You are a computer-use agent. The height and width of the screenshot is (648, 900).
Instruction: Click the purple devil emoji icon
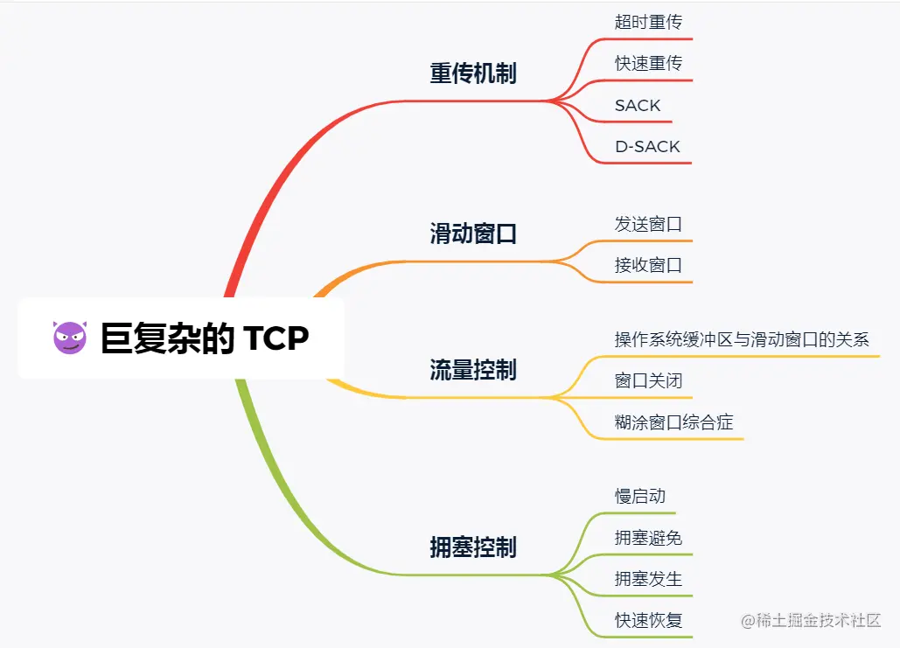coord(71,338)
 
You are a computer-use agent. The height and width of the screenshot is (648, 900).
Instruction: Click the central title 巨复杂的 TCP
coord(205,338)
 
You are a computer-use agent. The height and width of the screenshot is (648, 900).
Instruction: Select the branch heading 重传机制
coord(473,73)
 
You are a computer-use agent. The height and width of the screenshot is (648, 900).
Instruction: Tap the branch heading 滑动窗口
coord(473,233)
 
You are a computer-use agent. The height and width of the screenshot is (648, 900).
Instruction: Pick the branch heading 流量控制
coord(473,370)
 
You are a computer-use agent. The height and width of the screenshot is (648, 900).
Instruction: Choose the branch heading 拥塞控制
coord(473,547)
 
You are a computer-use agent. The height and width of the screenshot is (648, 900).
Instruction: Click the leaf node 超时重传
coord(648,22)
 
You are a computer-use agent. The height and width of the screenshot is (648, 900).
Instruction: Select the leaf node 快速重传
coord(648,63)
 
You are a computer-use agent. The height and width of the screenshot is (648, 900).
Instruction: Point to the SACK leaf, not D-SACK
coord(638,105)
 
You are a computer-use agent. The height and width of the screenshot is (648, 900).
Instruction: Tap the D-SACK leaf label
coord(647,146)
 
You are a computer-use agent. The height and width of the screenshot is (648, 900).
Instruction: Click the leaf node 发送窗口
coord(648,224)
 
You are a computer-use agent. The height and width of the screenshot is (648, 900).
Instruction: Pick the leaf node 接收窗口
coord(648,265)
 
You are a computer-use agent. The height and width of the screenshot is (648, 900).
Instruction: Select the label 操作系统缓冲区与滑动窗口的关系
coord(742,339)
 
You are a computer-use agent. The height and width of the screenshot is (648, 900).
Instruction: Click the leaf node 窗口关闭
coord(648,381)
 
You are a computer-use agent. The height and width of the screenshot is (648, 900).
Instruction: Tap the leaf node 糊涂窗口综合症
coord(673,423)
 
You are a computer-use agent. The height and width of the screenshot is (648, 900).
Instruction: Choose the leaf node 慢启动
coord(639,496)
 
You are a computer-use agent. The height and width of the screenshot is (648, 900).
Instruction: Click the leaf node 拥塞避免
coord(648,538)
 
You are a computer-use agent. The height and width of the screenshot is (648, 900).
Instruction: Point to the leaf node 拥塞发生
coord(648,579)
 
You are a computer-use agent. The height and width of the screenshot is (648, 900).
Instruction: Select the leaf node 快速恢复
coord(648,621)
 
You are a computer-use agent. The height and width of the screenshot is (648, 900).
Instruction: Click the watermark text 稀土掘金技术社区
coord(811,621)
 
